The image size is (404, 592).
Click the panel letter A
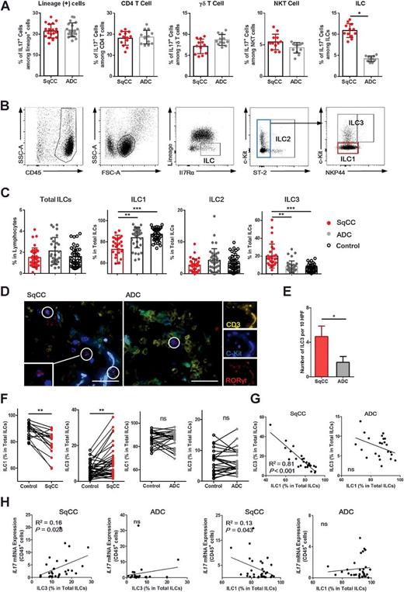(5, 7)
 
